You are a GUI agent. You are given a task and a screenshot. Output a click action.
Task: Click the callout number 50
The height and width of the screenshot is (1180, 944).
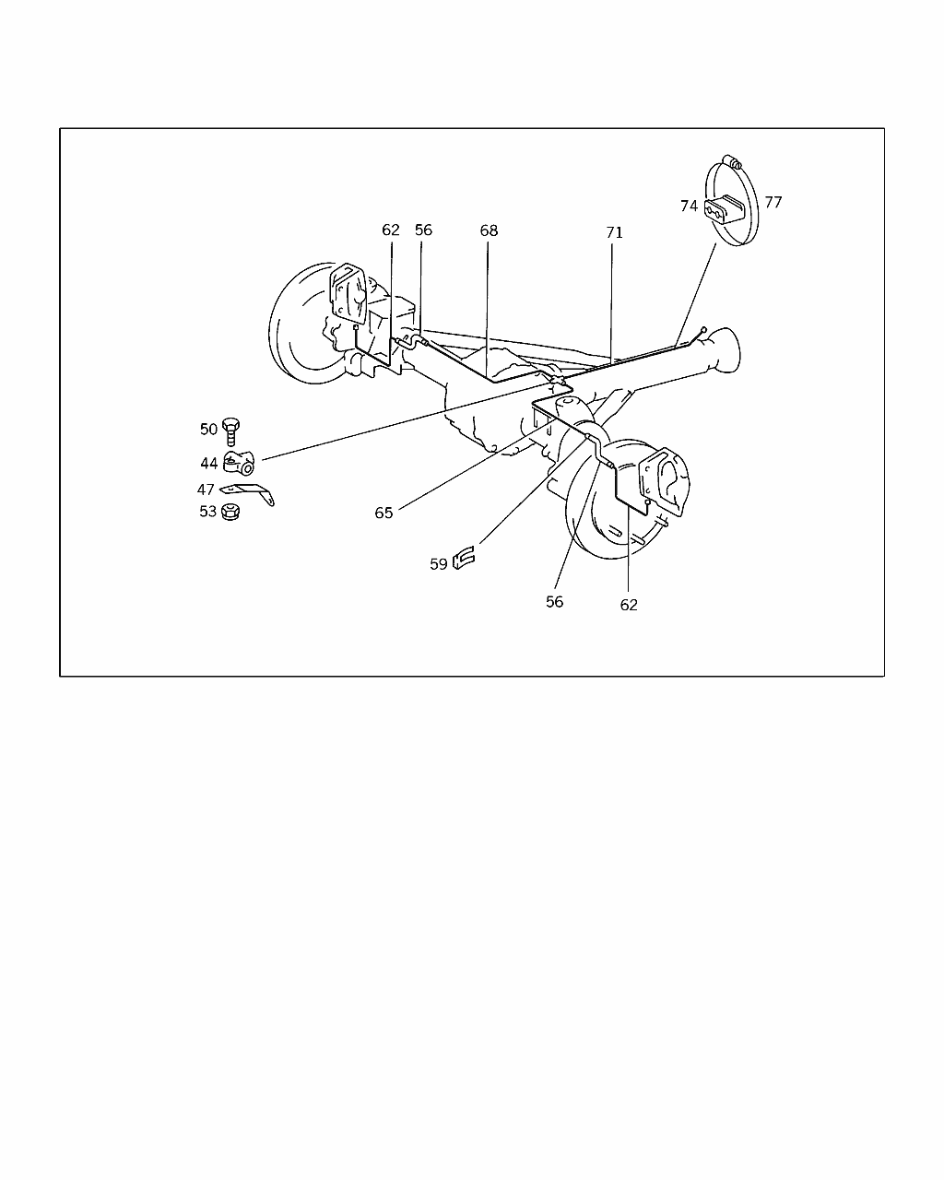[208, 429]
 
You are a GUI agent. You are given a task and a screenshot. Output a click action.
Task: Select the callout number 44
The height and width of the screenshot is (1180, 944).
[208, 463]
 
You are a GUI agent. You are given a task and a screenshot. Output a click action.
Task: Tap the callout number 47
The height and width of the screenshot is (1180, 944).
[205, 490]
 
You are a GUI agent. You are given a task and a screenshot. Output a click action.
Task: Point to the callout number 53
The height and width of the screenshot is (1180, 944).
[207, 511]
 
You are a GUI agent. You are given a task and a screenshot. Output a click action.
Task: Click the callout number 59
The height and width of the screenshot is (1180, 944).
[438, 563]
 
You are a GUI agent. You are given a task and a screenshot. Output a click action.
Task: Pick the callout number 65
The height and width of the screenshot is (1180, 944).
[383, 513]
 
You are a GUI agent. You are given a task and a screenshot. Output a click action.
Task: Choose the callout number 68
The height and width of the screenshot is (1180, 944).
[489, 230]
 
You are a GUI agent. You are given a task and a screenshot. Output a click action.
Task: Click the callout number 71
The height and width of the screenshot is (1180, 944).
[614, 232]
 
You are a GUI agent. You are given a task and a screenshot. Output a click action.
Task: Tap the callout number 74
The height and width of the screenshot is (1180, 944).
[689, 206]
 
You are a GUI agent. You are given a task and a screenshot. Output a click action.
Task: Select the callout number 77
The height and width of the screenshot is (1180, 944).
[773, 201]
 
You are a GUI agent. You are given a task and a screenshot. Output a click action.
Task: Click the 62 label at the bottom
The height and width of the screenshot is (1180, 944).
[629, 605]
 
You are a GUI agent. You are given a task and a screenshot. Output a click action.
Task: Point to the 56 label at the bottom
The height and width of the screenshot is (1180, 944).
[554, 601]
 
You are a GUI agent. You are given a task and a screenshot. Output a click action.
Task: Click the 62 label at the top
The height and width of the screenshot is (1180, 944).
[391, 230]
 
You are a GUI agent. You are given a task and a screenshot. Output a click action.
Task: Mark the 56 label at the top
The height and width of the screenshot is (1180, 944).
[423, 230]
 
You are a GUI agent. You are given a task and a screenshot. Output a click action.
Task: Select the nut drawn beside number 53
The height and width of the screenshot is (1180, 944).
[231, 510]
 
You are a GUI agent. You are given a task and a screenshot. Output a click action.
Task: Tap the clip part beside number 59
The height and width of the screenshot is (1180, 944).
[464, 558]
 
